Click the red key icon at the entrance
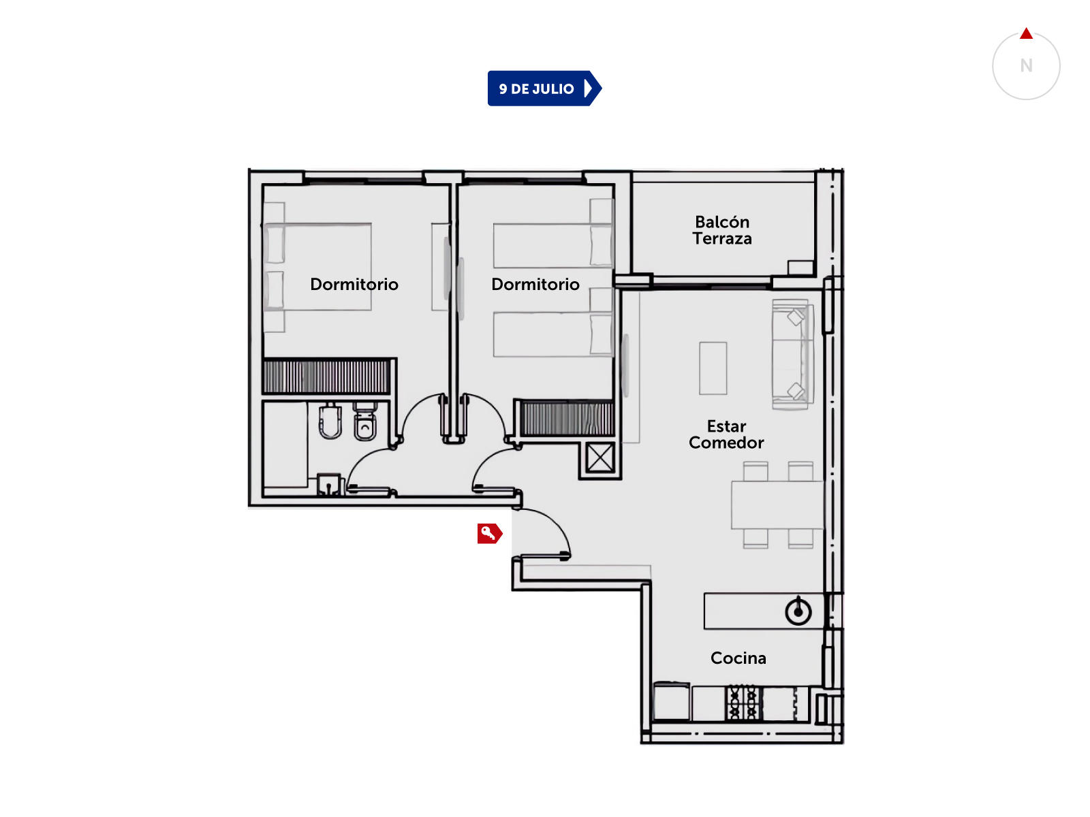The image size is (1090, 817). [489, 534]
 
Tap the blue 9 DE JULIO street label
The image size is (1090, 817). [544, 89]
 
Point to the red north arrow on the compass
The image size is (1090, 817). [1026, 33]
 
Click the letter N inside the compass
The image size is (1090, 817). [1026, 65]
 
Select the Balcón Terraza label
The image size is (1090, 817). [722, 230]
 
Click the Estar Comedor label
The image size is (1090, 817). [726, 434]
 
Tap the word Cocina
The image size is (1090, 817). [738, 658]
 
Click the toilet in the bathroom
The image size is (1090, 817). [365, 421]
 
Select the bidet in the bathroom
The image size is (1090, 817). [330, 421]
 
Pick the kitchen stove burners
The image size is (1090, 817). [743, 703]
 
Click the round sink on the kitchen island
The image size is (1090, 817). [798, 611]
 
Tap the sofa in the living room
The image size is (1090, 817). [792, 354]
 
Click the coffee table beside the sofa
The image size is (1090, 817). [713, 368]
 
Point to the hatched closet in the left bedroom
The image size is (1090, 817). [326, 377]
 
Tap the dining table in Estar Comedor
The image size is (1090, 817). [777, 504]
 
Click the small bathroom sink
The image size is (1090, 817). [328, 485]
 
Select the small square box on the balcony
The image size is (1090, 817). [800, 268]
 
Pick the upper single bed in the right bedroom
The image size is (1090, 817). [552, 246]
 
